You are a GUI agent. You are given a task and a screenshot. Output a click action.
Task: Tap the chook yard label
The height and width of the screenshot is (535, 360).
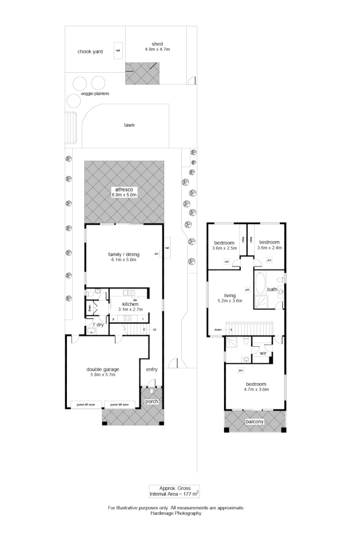(x=90, y=52)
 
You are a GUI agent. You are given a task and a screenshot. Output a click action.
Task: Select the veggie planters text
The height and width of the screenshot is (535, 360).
(x=95, y=94)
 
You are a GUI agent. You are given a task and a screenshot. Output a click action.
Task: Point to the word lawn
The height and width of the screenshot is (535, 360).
(x=129, y=125)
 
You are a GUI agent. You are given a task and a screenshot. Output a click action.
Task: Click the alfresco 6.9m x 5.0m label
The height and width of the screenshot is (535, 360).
(x=124, y=192)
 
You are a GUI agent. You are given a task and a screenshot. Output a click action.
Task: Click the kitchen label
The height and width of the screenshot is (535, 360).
(x=130, y=304)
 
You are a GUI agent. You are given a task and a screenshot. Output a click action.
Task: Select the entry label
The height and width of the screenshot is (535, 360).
(x=152, y=369)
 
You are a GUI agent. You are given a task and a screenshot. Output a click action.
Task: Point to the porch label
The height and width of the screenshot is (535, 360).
(x=152, y=401)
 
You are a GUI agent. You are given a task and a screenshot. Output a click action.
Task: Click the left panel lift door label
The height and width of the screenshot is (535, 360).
(x=86, y=404)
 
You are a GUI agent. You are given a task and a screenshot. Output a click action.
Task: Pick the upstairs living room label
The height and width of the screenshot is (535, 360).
(x=230, y=295)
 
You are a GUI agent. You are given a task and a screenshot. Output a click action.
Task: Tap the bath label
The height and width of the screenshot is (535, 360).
(x=272, y=289)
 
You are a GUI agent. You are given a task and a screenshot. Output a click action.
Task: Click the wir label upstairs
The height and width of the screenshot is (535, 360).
(x=263, y=354)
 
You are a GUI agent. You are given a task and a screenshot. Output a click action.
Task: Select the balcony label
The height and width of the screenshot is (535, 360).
(x=254, y=422)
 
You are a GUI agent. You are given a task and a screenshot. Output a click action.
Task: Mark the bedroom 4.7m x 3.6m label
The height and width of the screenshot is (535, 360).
(x=254, y=387)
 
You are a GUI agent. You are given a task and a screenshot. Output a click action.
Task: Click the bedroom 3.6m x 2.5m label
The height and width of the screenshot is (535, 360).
(x=224, y=245)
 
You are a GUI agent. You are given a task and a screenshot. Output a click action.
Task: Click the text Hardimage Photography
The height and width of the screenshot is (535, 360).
(x=176, y=513)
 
